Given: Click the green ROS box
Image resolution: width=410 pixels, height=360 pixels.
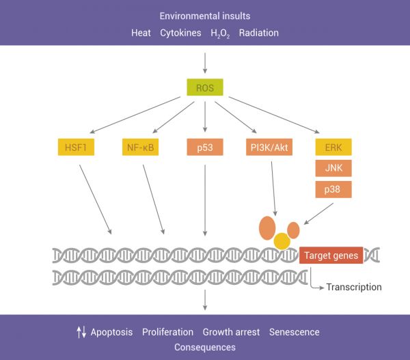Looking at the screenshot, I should (205, 87).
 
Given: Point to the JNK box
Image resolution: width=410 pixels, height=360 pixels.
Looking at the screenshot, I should (333, 168).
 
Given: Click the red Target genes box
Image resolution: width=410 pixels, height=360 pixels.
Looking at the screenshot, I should (331, 255).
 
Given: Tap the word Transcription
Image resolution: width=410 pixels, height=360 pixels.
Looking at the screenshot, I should (353, 287).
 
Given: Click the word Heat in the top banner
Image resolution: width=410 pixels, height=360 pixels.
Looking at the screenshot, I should (141, 33).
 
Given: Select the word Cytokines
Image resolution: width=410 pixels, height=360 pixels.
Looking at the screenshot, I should (180, 33).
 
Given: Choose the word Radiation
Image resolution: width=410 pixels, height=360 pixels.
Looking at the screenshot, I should (259, 33).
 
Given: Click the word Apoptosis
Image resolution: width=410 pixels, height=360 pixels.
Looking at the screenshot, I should (111, 332).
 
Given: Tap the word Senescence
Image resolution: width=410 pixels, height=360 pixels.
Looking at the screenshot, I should (294, 332).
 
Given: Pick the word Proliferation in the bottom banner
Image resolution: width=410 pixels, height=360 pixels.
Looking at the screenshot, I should (167, 332).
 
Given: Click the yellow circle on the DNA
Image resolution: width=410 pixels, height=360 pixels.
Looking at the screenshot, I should (282, 240).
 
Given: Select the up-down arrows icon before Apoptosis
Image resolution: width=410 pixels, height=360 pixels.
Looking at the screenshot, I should (81, 332).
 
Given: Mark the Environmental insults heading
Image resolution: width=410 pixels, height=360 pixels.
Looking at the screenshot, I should (205, 16).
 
